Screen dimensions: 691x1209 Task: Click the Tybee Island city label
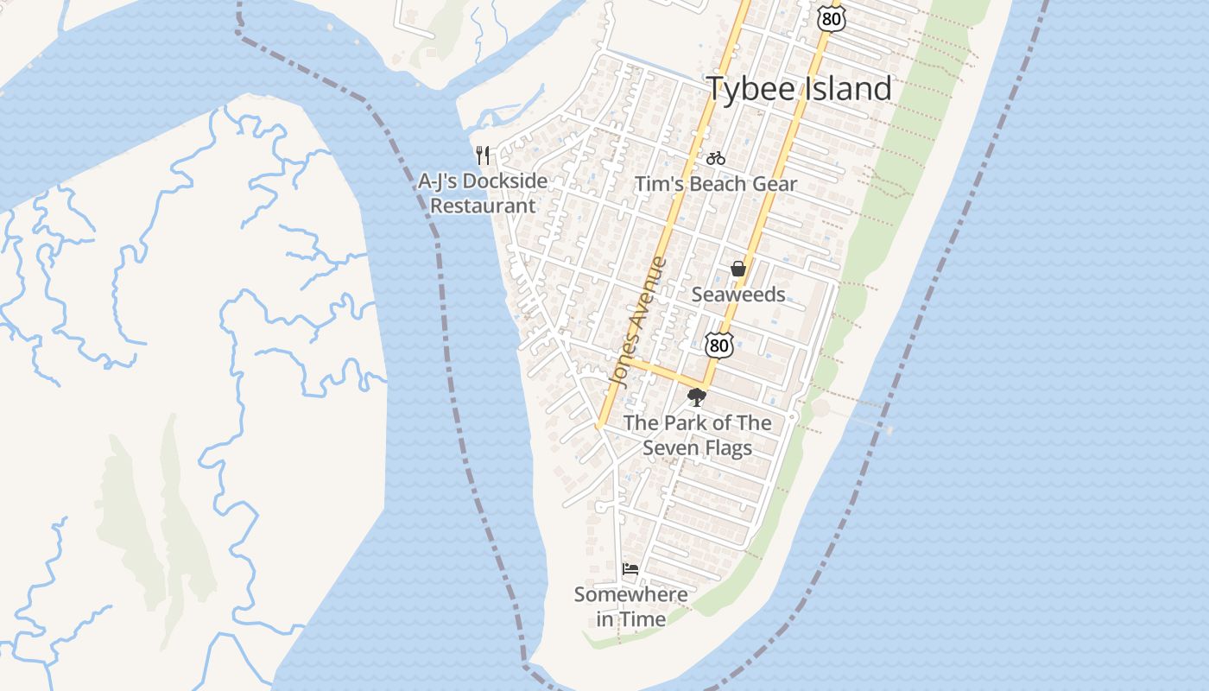pos(799,88)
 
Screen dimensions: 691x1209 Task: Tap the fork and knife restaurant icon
pos(483,155)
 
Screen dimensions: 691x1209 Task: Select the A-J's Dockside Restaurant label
pos(483,193)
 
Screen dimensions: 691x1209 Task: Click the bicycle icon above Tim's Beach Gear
pos(715,158)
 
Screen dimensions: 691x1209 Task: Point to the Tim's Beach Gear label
pos(716,184)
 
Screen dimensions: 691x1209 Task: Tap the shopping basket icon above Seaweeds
pos(737,269)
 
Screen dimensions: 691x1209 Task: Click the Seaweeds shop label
pos(738,295)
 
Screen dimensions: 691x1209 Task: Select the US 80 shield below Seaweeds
pos(718,345)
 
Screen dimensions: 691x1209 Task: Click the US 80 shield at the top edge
pos(832,16)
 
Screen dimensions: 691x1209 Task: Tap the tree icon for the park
pos(696,397)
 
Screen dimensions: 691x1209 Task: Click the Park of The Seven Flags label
pos(697,435)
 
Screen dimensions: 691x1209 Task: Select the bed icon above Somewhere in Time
pos(630,568)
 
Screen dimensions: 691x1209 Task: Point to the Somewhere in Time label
pos(631,606)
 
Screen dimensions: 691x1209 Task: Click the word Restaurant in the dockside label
pos(483,206)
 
